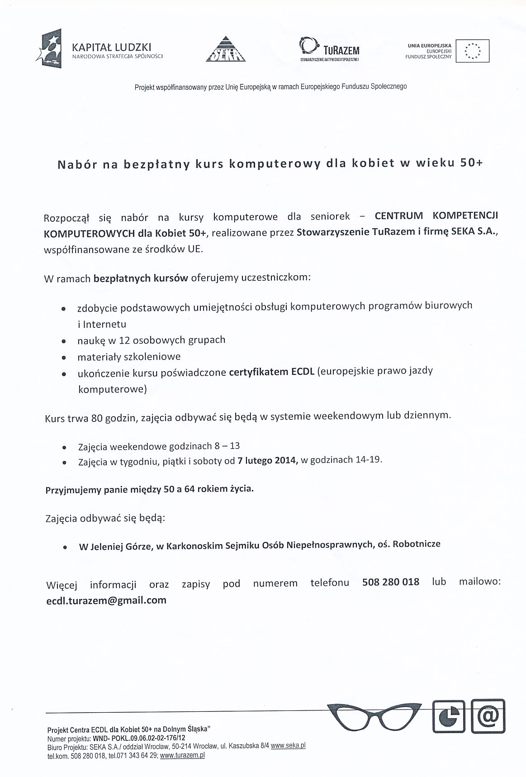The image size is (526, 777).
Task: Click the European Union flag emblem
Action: [x=473, y=51]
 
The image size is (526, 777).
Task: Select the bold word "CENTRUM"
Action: [x=399, y=216]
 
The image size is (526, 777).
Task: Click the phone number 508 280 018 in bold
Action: [x=391, y=582]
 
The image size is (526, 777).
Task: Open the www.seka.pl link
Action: [x=288, y=745]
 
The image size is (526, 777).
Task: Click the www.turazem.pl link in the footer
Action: [x=182, y=755]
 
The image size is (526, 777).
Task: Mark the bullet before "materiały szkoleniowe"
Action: [x=65, y=358]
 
